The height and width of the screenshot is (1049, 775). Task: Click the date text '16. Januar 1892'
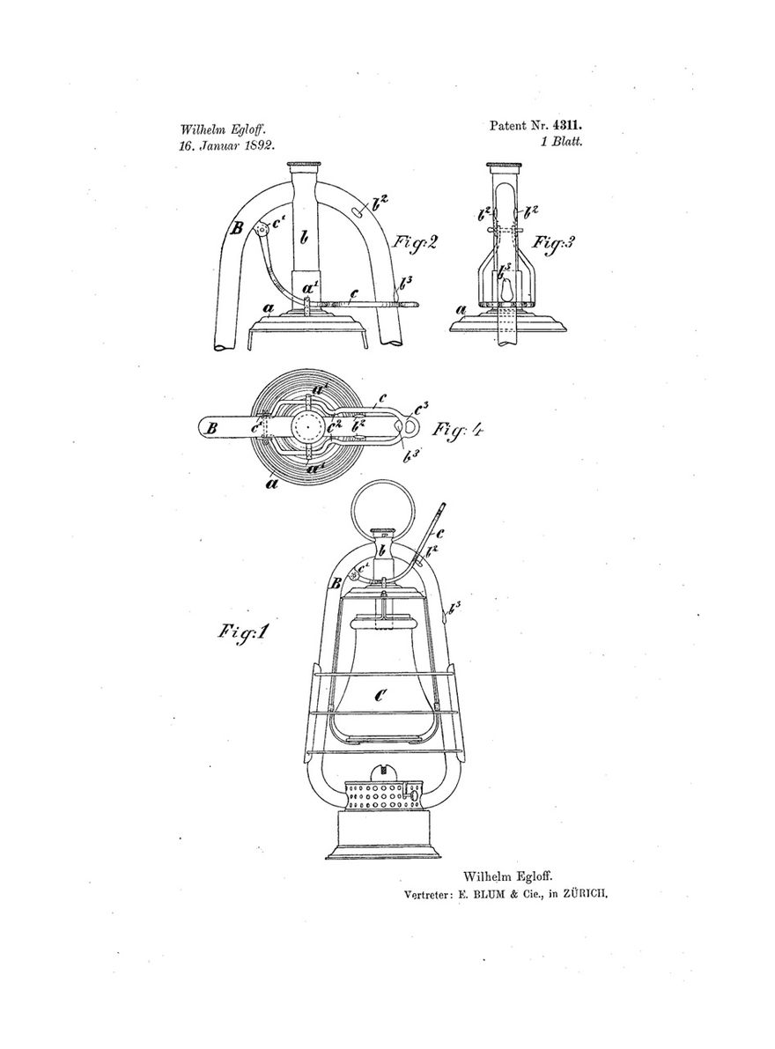click(x=227, y=144)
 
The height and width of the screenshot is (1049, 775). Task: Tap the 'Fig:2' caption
click(x=415, y=242)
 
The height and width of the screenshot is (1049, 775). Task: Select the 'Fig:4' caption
click(x=457, y=428)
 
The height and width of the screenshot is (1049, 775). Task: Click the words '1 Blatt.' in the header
click(x=563, y=142)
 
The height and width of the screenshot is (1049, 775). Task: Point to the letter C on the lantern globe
click(x=380, y=696)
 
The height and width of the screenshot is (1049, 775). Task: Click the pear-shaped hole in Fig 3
click(x=506, y=291)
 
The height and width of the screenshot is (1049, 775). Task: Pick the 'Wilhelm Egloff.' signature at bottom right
click(x=508, y=875)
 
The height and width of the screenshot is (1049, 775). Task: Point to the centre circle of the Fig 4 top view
click(x=307, y=427)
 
